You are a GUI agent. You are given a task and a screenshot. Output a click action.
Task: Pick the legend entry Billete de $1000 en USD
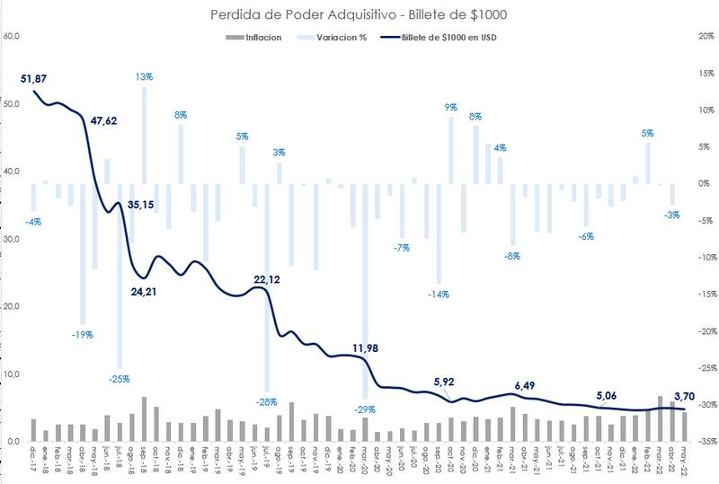447,38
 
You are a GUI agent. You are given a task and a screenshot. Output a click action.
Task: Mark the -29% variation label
364,409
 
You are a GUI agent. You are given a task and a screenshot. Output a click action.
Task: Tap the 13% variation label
144,77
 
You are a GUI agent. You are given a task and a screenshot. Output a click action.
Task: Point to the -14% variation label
439,294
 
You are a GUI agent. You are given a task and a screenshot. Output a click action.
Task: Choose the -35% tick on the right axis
706,442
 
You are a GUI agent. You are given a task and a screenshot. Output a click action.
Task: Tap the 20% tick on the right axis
706,36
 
